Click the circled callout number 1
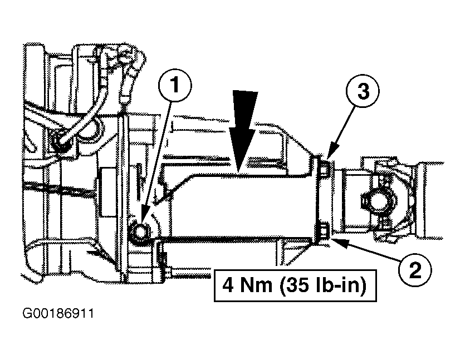(x=175, y=85)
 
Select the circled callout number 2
(x=415, y=270)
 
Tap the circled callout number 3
(x=363, y=91)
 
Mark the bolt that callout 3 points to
(x=325, y=167)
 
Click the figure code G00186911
(x=58, y=313)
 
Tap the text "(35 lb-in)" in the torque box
(x=322, y=285)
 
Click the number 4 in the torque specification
(x=227, y=285)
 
